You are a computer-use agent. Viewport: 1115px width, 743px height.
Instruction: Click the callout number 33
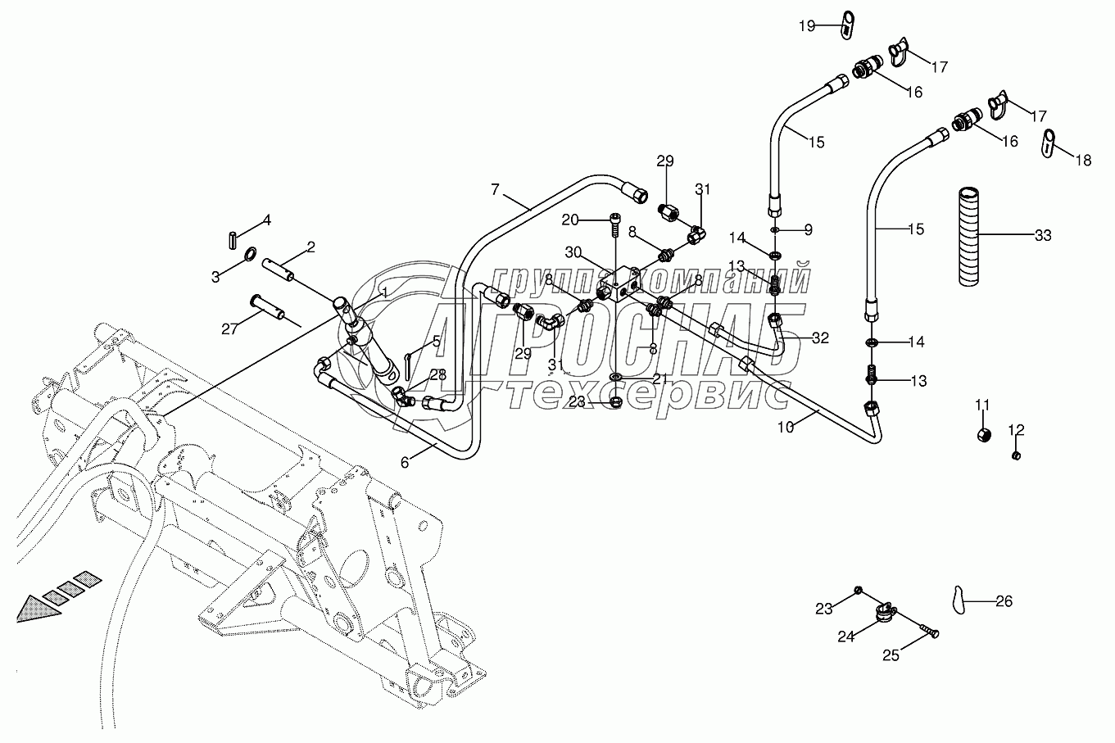[x=1043, y=237]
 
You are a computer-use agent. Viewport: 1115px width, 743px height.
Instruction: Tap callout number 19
[x=808, y=26]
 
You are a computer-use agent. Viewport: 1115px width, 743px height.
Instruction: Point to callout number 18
[x=1083, y=161]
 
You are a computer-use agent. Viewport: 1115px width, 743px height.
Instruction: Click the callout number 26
[x=1004, y=601]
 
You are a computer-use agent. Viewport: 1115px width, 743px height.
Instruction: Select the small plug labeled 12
[x=1017, y=455]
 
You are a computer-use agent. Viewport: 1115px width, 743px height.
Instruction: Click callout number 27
[x=229, y=328]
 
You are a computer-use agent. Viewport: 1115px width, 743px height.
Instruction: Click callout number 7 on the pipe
[x=495, y=190]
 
